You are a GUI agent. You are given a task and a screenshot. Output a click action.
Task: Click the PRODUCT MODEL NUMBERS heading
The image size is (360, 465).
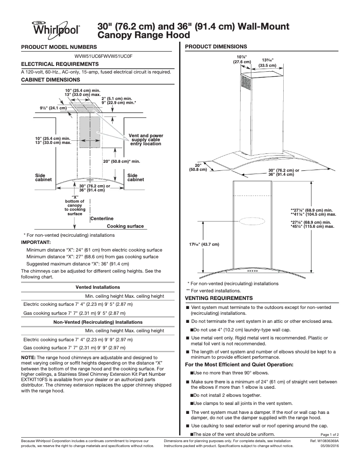(58, 47)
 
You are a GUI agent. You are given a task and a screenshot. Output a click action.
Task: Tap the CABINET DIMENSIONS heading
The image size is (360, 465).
(51, 79)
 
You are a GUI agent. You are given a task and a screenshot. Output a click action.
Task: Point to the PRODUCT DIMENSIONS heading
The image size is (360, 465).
(216, 46)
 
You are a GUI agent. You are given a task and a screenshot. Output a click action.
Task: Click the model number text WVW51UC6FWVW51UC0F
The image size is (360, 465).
(104, 56)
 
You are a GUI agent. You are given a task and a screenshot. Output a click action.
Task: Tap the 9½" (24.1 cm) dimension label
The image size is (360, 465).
(53, 108)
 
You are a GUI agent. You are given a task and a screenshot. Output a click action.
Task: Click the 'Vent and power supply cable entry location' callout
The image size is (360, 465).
(146, 139)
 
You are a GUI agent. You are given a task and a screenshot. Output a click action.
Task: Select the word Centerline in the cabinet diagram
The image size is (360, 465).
(102, 218)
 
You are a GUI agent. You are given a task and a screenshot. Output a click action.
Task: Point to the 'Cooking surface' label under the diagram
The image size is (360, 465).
(125, 226)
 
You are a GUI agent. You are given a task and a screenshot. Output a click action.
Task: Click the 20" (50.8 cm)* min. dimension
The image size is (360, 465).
(122, 161)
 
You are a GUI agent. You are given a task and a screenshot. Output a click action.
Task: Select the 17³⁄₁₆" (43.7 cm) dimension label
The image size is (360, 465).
(204, 244)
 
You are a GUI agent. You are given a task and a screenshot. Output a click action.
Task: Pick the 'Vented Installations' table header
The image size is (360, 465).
(97, 287)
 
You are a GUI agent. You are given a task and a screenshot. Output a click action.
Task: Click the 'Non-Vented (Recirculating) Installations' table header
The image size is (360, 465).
(97, 322)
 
